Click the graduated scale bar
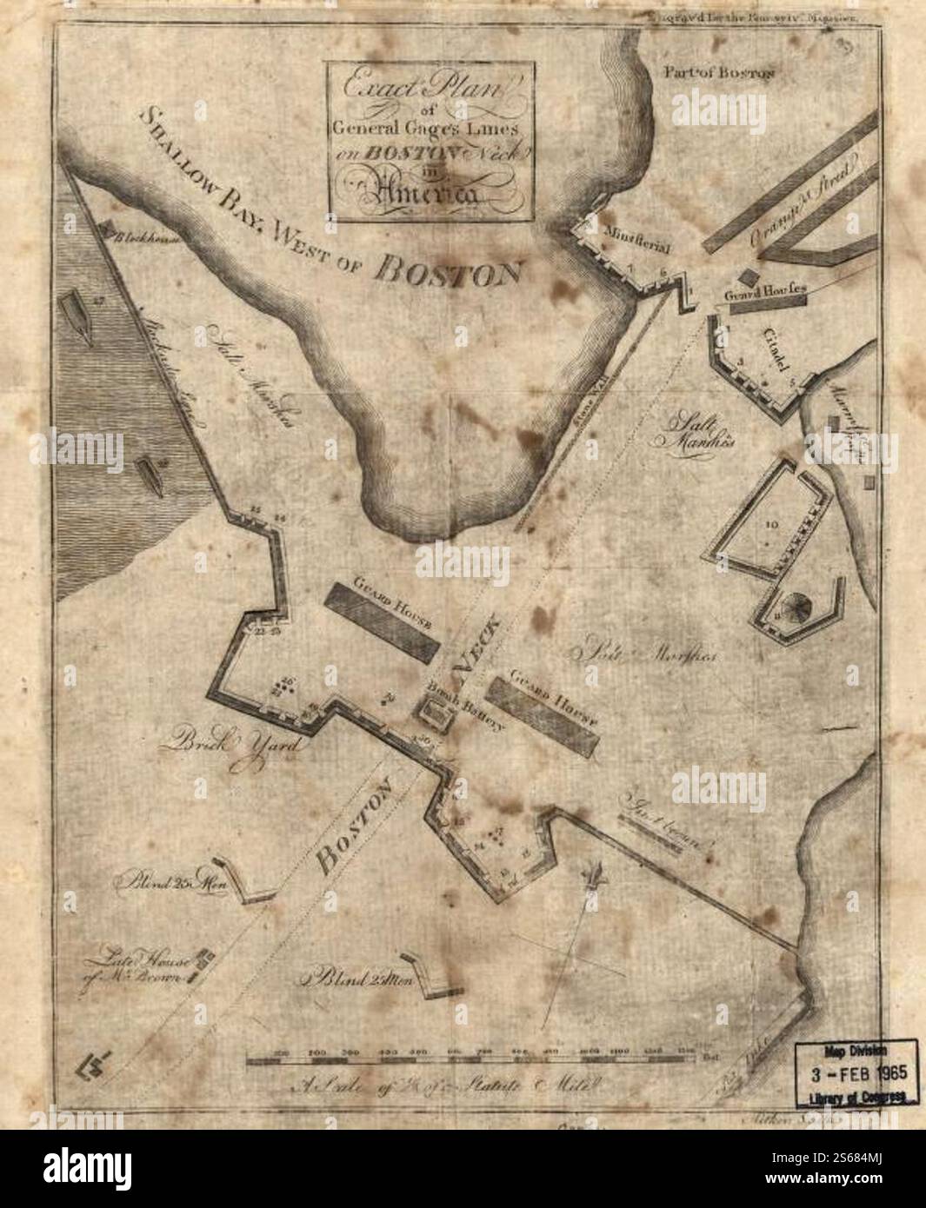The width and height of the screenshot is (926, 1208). click(470, 1059)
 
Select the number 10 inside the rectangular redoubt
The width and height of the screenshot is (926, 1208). click(772, 524)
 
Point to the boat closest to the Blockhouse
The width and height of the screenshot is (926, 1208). click(78, 318)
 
